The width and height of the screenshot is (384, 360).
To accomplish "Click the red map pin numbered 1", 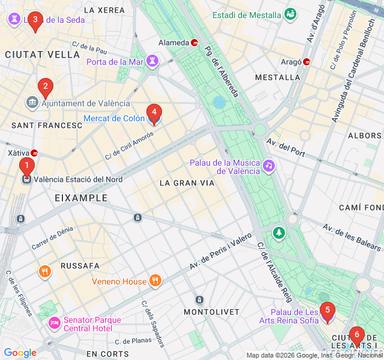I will coord(26,166).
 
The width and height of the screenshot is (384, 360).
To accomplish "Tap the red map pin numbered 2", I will coord(44,88).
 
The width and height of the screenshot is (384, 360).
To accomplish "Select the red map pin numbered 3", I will coord(35,22).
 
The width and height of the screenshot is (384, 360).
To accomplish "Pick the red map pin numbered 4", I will coord(154,112).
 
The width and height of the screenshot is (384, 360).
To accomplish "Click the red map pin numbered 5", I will coord(327,311).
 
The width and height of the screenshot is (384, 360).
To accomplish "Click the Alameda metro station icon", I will coord(194,43).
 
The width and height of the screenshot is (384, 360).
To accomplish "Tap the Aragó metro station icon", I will coord(307,61).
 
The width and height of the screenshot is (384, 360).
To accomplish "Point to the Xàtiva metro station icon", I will coord(34,153).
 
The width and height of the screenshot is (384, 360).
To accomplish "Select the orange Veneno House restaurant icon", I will coord(155,281).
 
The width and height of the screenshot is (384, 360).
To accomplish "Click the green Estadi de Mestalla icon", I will coord(291,14).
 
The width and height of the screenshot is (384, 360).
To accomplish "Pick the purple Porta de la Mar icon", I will coord(153,61).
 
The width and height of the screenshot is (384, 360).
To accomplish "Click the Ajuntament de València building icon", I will coord(32,103).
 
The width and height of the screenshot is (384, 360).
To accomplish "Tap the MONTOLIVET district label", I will coord(211,312).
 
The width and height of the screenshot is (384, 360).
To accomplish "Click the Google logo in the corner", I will coord(20,353).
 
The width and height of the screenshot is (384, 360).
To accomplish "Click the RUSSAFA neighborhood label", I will coord(80,265).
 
